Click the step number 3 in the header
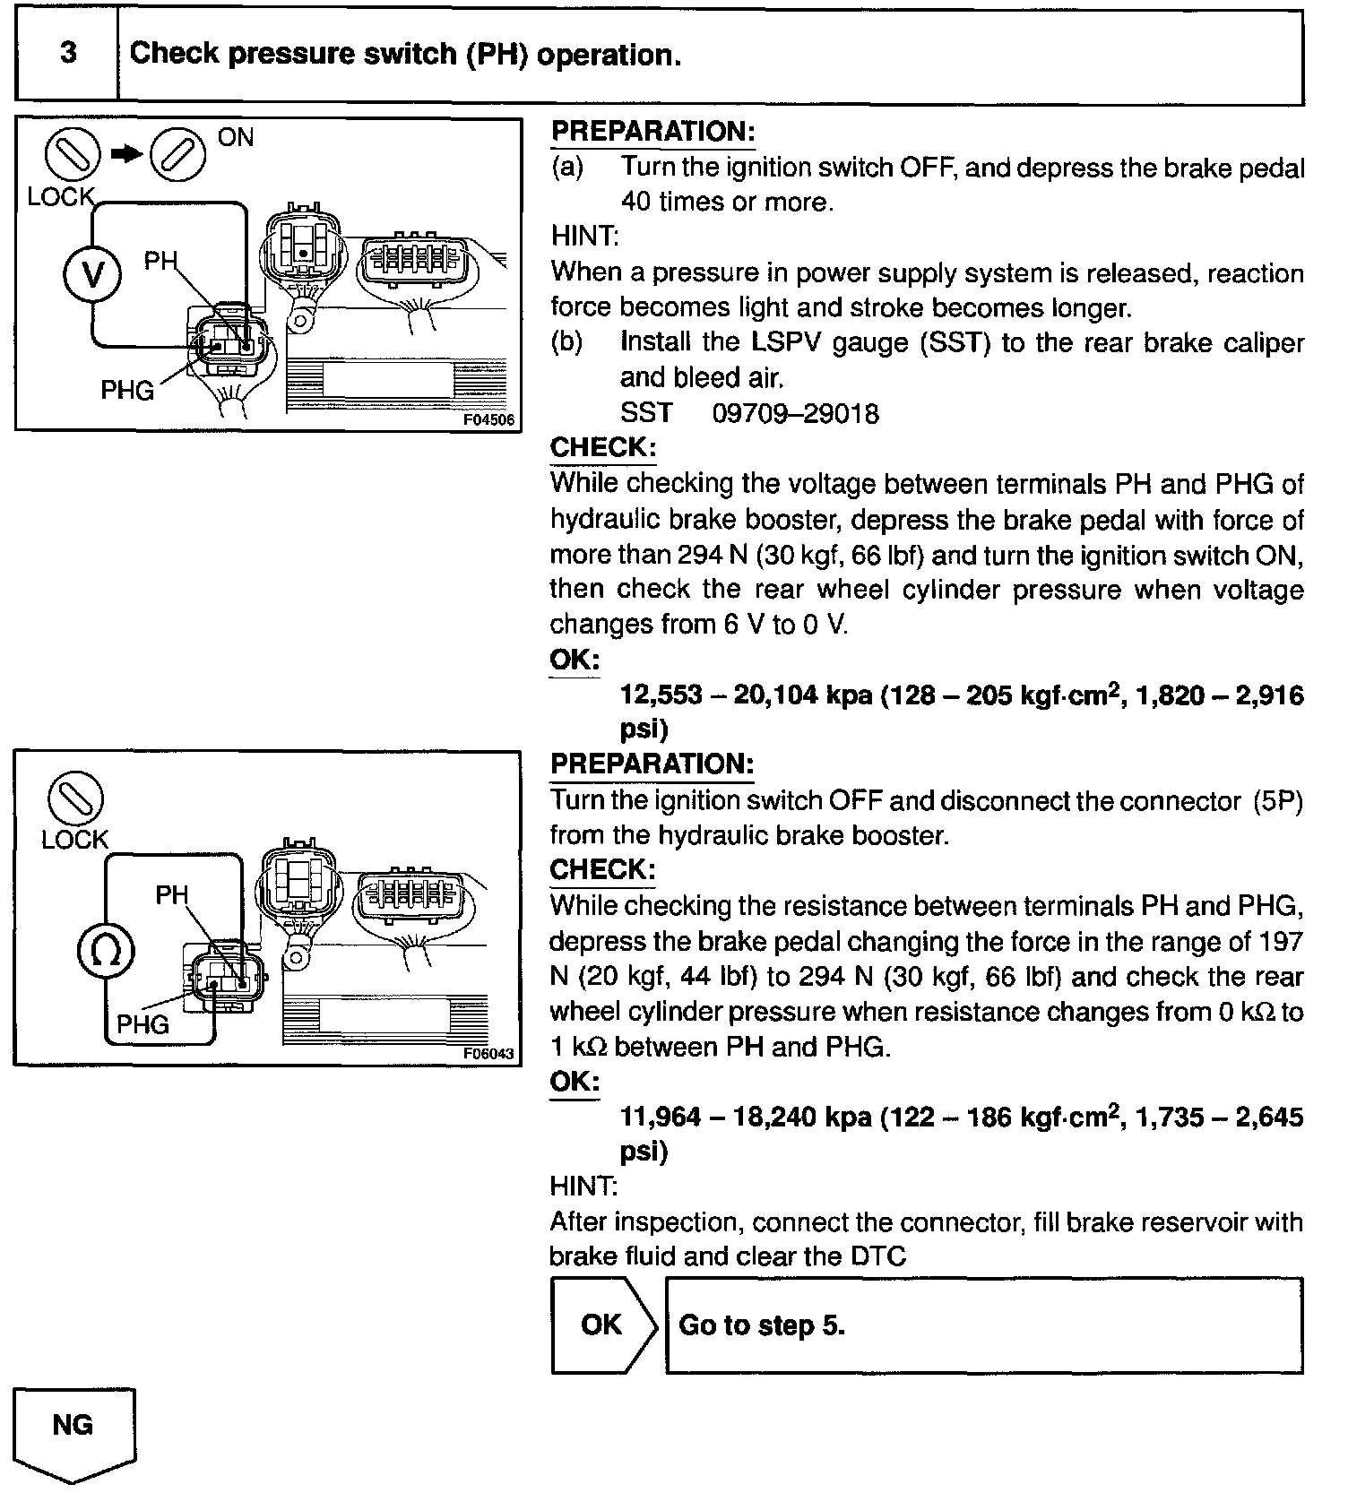pos(68,53)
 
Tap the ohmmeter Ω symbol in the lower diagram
pos(106,951)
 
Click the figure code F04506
pos(489,419)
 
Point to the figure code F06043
pos(488,1054)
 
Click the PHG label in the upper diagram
pos(126,391)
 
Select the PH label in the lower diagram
pos(171,894)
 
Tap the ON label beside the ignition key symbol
pos(236,137)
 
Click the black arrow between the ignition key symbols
pos(127,155)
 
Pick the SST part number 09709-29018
pos(796,413)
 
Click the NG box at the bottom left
pos(73,1426)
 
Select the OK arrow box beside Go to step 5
pos(601,1325)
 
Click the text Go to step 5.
pos(762,1325)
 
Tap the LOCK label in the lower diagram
pos(74,840)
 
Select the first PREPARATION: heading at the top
pos(653,132)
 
